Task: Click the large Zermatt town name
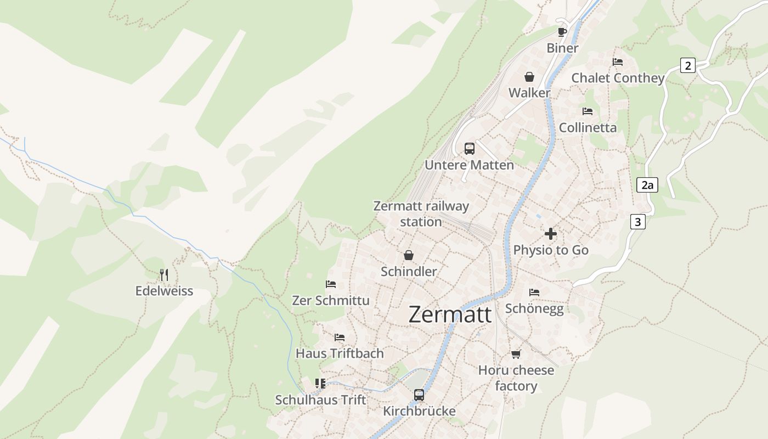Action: click(450, 314)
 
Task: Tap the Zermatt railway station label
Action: click(421, 214)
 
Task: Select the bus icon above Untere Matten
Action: click(470, 148)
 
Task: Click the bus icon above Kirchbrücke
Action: click(419, 395)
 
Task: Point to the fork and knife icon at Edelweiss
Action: click(164, 274)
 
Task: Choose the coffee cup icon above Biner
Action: click(562, 32)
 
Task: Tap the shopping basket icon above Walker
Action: click(529, 77)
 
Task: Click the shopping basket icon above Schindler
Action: click(409, 255)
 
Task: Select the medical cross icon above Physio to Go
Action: click(551, 234)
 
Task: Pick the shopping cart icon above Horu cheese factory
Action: click(516, 354)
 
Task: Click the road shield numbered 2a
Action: click(647, 185)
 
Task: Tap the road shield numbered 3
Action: click(637, 222)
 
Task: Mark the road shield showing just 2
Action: click(687, 66)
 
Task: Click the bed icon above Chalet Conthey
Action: click(618, 62)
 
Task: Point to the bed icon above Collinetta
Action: click(588, 111)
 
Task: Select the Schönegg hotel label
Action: click(534, 308)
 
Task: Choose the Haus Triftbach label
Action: click(340, 353)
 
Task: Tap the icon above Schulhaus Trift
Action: click(320, 383)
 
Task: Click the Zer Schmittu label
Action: click(331, 301)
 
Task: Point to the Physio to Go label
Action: click(551, 250)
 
